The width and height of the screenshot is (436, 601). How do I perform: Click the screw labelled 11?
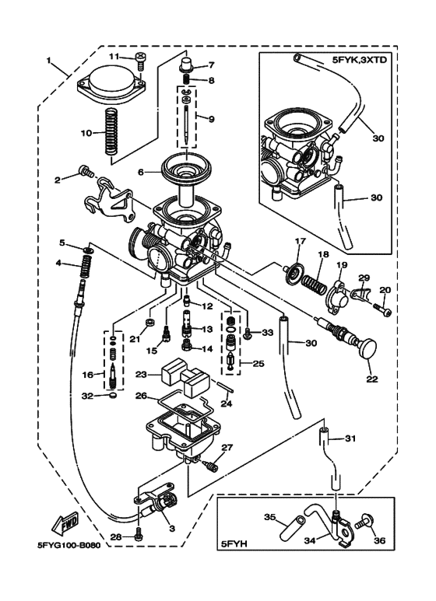(139, 57)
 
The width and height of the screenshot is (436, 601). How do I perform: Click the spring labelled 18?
(318, 279)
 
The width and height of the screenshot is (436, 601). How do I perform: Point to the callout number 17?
(297, 242)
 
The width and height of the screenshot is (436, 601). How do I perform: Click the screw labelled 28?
(139, 536)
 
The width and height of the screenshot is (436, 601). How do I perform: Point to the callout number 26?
(141, 396)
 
